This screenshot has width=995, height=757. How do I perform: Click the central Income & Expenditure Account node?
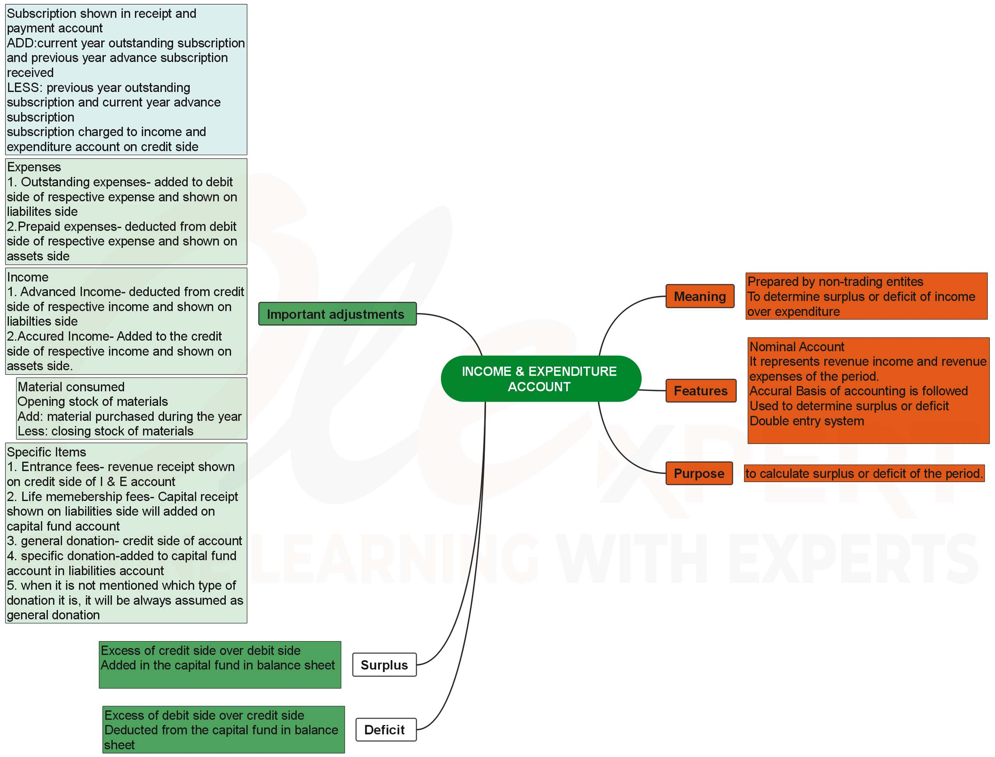540,379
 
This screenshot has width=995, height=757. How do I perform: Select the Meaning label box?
699,296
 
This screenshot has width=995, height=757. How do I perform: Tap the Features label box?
700,391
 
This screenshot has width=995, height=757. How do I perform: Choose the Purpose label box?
699,473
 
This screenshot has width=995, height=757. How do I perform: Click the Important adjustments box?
337,314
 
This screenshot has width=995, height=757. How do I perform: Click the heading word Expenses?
34,167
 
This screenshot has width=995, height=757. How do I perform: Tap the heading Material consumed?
71,386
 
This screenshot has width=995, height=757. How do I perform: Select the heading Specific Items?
46,452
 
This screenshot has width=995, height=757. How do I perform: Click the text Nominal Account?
797,346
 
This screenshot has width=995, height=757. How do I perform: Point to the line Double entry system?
807,421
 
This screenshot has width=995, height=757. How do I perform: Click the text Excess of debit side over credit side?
204,715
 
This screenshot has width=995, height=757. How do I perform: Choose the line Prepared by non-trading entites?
835,281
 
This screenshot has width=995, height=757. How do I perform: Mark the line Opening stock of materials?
93,402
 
